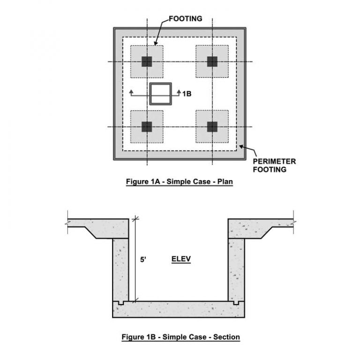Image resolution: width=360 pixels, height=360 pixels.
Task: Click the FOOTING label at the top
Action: click(x=186, y=19)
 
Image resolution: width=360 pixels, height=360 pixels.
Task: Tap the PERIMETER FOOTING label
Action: click(x=274, y=165)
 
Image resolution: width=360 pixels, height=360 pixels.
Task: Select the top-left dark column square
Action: click(x=147, y=61)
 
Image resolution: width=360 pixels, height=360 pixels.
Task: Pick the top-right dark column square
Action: click(x=212, y=61)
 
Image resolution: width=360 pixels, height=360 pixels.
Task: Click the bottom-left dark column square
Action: click(x=147, y=127)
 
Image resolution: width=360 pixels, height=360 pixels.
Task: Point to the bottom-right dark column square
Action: click(x=212, y=127)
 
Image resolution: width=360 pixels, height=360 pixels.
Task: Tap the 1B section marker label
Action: click(x=187, y=94)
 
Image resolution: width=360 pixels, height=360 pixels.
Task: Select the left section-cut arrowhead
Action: click(x=131, y=91)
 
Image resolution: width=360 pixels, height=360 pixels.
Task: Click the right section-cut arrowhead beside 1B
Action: click(x=179, y=91)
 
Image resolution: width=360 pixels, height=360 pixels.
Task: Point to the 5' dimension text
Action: click(x=143, y=260)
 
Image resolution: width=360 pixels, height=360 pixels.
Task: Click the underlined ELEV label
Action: click(x=181, y=259)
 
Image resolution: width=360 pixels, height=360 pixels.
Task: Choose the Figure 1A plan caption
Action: click(x=180, y=181)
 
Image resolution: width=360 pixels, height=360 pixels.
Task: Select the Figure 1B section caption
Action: click(x=180, y=337)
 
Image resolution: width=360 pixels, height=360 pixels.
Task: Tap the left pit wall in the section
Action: click(x=121, y=270)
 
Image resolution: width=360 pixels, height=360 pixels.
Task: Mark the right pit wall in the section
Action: click(x=236, y=270)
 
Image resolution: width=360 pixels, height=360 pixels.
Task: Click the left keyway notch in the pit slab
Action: click(x=121, y=303)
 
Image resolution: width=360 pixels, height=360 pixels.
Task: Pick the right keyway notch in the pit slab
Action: click(x=236, y=303)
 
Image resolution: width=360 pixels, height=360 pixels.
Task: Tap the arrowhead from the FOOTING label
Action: click(x=156, y=43)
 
